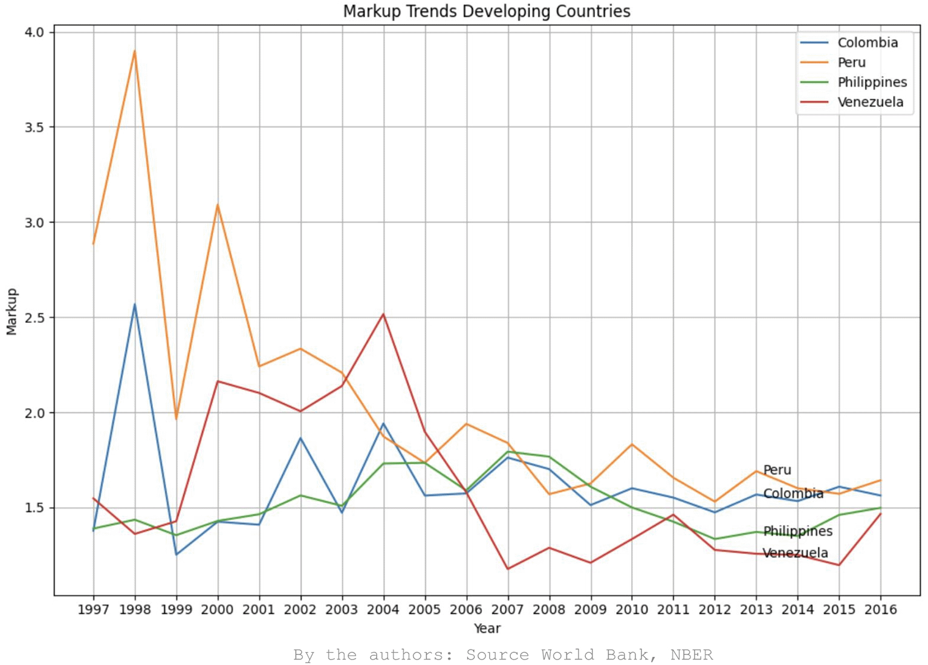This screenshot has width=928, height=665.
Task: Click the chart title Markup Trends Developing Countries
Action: [486, 11]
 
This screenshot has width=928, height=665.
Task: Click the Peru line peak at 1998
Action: [135, 51]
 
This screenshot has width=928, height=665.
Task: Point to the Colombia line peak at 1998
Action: [135, 305]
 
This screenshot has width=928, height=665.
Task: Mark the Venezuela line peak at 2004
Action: [383, 314]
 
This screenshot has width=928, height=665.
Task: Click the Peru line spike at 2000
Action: [218, 205]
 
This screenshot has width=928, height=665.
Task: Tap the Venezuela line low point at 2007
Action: [508, 569]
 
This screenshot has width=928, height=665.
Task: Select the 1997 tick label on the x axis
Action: [93, 609]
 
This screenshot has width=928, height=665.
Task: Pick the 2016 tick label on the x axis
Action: [880, 609]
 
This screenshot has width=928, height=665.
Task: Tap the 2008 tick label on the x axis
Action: [549, 609]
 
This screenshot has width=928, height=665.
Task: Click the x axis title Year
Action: [487, 629]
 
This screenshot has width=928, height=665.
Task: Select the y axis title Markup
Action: [12, 311]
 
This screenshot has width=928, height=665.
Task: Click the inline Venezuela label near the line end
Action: [795, 553]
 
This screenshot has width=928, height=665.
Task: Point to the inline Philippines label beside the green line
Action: [797, 531]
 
